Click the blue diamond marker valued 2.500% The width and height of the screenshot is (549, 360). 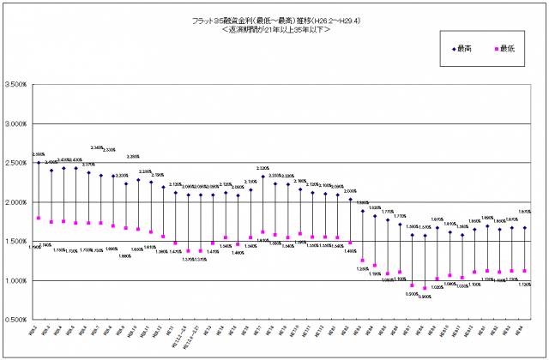39,162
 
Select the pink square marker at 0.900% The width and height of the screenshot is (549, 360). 425,288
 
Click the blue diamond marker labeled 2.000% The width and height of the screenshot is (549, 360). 350,200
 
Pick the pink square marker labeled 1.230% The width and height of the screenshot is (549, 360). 362,261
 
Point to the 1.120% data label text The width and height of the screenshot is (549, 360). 525,284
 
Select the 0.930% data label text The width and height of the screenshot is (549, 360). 412,294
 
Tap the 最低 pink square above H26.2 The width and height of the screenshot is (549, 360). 39,218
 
